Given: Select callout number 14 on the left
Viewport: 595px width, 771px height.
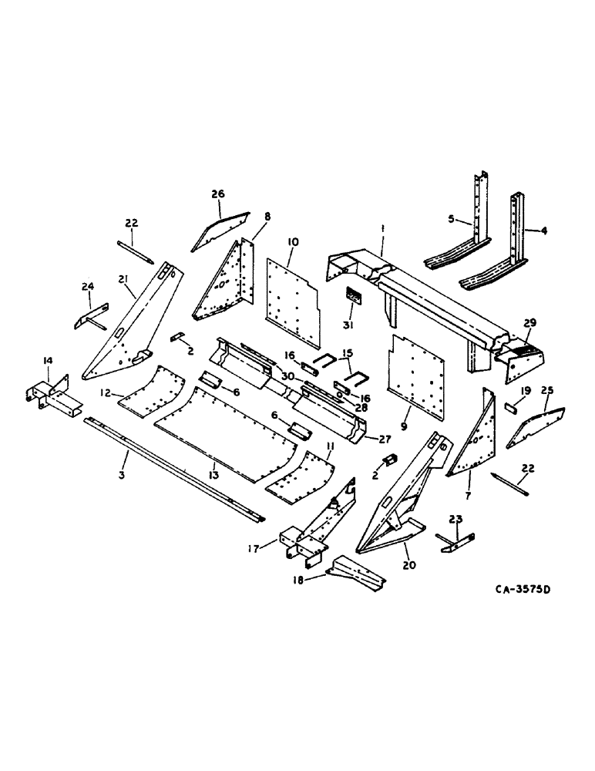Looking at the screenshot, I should (x=48, y=360).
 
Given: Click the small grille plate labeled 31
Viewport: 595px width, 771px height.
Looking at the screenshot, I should (x=356, y=295).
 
